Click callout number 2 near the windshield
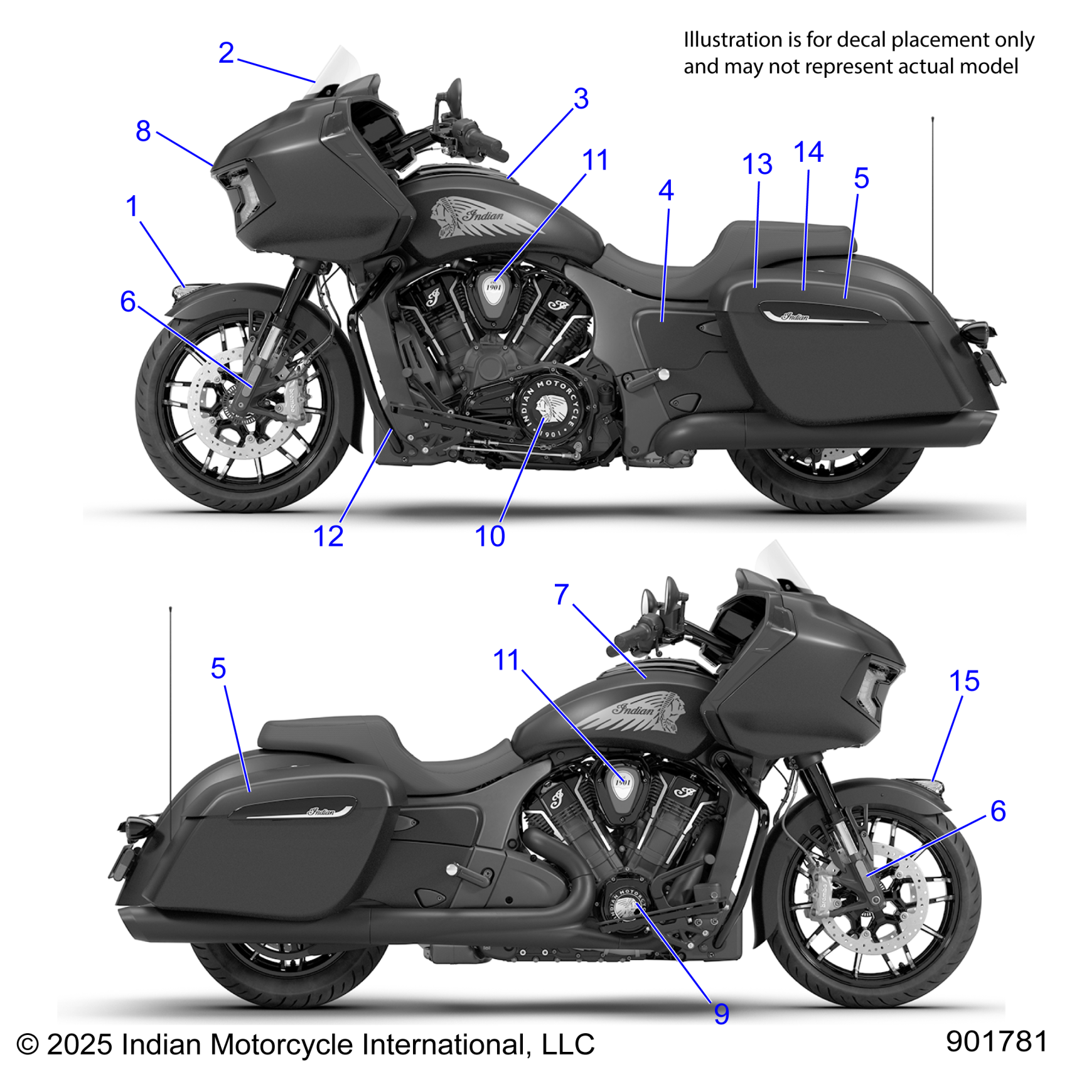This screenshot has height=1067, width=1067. pos(226,53)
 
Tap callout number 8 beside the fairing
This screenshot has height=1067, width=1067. pos(143,131)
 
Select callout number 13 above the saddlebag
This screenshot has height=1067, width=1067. pos(757,165)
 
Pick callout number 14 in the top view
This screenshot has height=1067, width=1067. pos(808,153)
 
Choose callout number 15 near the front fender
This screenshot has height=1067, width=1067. pos(964,681)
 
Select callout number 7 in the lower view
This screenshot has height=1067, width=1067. pos(562,594)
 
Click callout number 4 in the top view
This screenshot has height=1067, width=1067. pos(666,191)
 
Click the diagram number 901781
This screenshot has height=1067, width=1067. pos(996,1041)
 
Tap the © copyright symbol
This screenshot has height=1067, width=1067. pos(28,1045)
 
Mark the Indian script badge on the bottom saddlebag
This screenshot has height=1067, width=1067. pos(321,812)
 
